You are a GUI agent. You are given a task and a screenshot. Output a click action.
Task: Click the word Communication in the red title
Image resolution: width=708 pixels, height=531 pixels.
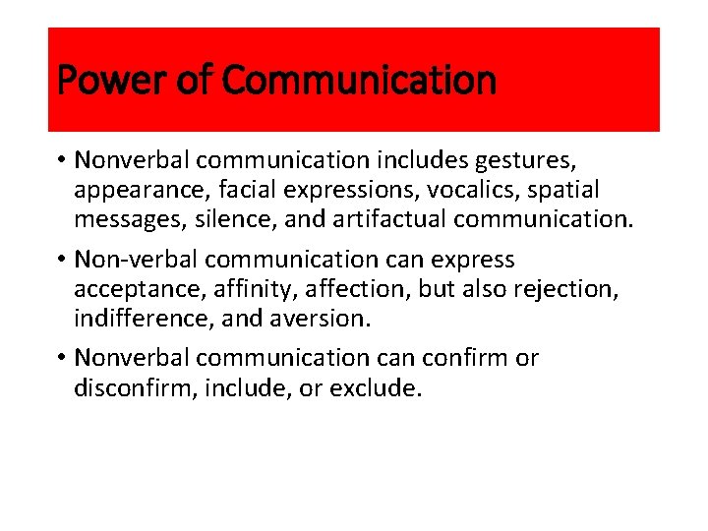coord(360,80)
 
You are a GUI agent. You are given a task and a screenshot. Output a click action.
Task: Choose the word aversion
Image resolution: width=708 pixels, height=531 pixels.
coord(319,319)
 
